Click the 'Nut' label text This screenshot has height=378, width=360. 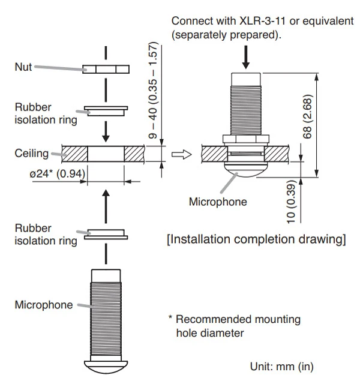click(23, 67)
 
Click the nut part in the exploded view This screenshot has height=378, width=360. click(107, 70)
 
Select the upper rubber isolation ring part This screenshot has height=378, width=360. click(107, 110)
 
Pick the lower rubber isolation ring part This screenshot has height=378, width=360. click(106, 233)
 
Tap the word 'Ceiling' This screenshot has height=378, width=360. click(31, 154)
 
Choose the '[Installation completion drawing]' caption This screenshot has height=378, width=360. click(256, 240)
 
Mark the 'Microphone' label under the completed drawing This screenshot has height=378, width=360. click(218, 202)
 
